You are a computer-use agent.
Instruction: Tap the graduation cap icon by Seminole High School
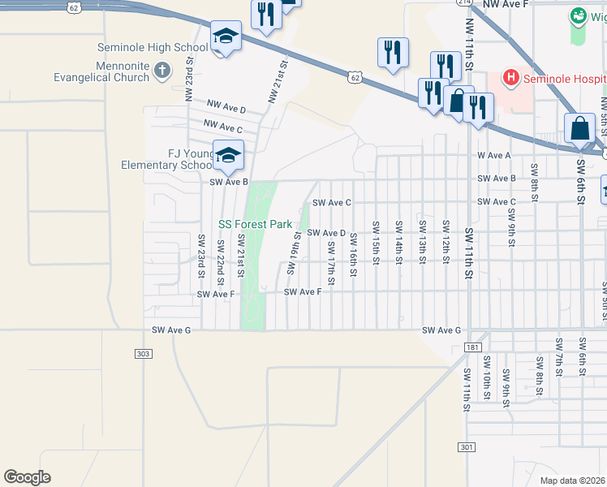click(226, 37)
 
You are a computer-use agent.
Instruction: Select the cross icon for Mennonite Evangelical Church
click(162, 71)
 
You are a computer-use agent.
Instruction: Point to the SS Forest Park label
click(255, 223)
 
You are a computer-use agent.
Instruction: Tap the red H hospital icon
click(511, 78)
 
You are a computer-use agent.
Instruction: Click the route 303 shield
click(143, 353)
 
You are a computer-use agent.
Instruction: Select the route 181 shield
click(473, 347)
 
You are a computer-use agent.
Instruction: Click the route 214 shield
click(463, 3)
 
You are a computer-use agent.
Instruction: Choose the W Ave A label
click(494, 154)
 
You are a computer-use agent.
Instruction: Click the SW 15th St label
click(375, 241)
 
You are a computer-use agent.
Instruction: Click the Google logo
click(27, 477)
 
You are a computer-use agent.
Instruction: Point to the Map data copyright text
click(572, 481)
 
